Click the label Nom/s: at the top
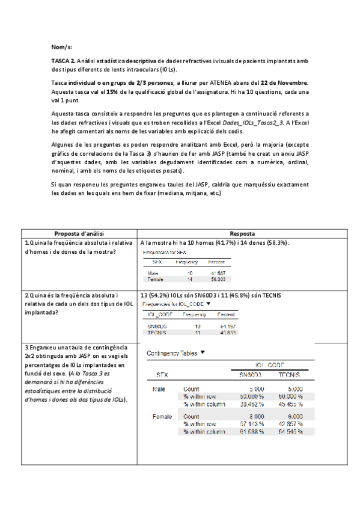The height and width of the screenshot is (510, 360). pos(62,47)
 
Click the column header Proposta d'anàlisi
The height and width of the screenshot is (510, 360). pos(79,233)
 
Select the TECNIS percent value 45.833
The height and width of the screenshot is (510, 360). pos(226,332)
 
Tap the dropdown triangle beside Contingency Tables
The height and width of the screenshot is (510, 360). pos(203,354)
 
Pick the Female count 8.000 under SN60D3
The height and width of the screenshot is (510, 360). pos(252,416)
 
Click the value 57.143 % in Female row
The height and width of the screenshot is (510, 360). pos(251,423)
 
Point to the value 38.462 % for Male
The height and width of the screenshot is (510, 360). pos(251,404)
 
